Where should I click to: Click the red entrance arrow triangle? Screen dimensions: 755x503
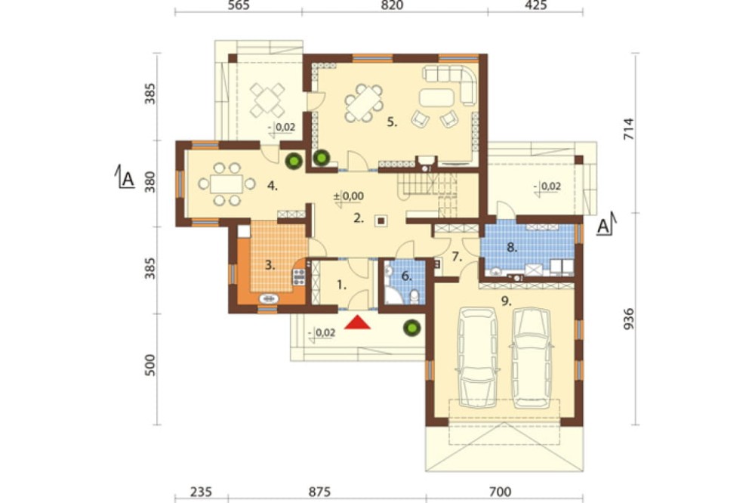pyautogui.click(x=357, y=322)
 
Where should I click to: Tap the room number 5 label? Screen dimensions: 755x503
pyautogui.click(x=392, y=122)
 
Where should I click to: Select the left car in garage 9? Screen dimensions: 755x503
pyautogui.click(x=478, y=357)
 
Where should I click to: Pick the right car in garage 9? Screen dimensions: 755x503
pyautogui.click(x=531, y=357)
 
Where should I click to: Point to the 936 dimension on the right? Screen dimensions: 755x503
pyautogui.click(x=628, y=319)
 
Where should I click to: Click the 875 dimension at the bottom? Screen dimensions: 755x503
pyautogui.click(x=319, y=492)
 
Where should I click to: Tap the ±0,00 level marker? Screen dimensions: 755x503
pyautogui.click(x=349, y=196)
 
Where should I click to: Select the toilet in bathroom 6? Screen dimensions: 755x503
pyautogui.click(x=414, y=297)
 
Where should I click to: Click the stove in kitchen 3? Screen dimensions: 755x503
pyautogui.click(x=299, y=277)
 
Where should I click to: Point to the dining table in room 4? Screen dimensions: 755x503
pyautogui.click(x=226, y=184)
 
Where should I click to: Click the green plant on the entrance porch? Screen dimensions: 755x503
pyautogui.click(x=411, y=328)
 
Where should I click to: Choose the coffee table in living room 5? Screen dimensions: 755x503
pyautogui.click(x=436, y=97)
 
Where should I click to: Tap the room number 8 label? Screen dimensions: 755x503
pyautogui.click(x=511, y=248)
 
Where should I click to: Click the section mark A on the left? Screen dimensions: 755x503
pyautogui.click(x=128, y=179)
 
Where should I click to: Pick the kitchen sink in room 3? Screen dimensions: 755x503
pyautogui.click(x=269, y=299)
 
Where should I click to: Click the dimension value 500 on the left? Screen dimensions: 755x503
pyautogui.click(x=150, y=366)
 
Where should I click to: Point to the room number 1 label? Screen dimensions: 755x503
pyautogui.click(x=341, y=285)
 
